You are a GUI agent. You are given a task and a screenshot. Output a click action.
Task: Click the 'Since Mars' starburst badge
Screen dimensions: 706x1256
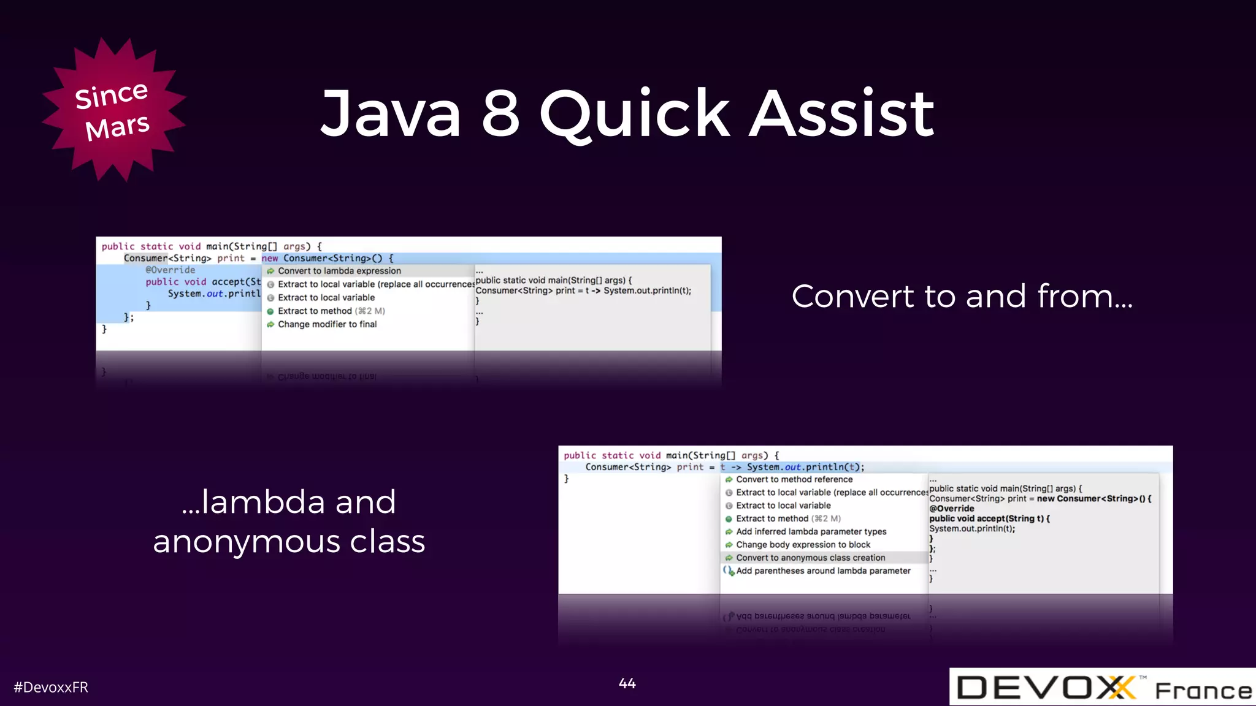(113, 110)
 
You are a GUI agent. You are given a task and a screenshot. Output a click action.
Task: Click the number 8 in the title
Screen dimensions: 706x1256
(500, 113)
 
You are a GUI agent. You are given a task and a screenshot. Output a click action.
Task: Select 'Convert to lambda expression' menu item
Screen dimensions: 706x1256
(339, 271)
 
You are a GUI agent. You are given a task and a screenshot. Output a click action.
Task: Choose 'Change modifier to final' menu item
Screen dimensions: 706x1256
(327, 324)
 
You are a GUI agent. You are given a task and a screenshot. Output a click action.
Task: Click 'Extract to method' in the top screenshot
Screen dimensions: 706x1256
(315, 311)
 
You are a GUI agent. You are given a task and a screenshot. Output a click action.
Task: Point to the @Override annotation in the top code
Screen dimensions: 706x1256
(170, 270)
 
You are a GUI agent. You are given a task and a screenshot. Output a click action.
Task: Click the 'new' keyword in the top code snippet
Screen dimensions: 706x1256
(270, 259)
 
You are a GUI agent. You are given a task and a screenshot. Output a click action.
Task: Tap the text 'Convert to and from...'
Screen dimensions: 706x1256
(962, 297)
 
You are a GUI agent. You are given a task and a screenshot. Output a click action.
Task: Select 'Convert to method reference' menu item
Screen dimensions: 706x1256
(794, 479)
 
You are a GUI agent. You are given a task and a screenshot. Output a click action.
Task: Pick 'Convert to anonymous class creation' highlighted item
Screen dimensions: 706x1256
(810, 558)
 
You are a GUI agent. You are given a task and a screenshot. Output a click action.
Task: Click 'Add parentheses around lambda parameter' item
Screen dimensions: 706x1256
(823, 571)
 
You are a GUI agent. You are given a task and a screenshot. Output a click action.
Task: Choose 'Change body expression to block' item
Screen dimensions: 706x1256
(803, 545)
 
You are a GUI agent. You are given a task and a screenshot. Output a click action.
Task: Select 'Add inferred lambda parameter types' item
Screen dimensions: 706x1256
(811, 531)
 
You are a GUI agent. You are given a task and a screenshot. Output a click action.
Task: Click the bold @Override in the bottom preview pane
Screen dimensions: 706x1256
(951, 509)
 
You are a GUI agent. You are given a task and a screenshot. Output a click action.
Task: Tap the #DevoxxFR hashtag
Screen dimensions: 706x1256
(51, 687)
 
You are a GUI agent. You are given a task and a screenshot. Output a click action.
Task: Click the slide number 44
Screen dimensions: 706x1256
(627, 683)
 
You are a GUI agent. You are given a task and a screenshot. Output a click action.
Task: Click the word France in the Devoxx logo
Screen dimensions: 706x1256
(1203, 691)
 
